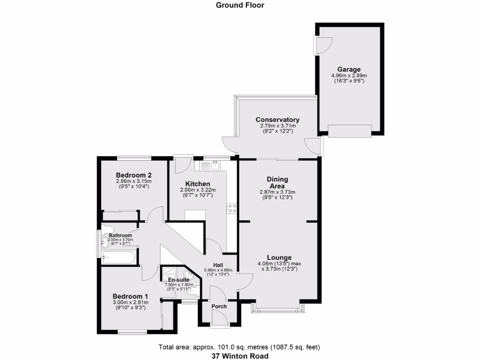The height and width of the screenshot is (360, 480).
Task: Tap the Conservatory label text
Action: click(277, 120)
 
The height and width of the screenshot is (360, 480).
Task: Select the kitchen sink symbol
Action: click(215, 165)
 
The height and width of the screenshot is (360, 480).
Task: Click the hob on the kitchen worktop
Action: click(231, 208)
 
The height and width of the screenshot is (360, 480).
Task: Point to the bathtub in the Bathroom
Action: click(119, 257)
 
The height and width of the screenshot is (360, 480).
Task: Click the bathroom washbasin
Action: click(105, 242)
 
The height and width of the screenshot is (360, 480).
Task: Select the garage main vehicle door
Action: click(350, 131)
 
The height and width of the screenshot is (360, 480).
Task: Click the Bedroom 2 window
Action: click(131, 157)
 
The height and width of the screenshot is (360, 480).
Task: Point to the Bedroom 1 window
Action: click(132, 333)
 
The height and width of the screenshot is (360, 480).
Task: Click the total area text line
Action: click(240, 347)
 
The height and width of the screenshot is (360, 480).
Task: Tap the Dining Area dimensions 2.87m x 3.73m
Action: click(277, 192)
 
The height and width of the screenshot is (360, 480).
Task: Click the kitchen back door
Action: click(181, 164)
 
